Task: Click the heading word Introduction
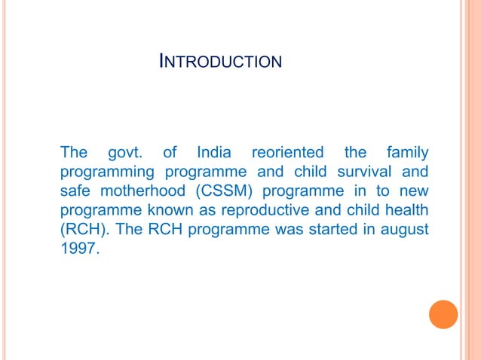point(221,61)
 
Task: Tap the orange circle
point(443,314)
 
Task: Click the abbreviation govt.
point(127,153)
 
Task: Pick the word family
point(407,153)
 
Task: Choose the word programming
point(104,172)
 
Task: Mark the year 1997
point(78,249)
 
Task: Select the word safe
point(75,191)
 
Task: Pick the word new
point(414,191)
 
